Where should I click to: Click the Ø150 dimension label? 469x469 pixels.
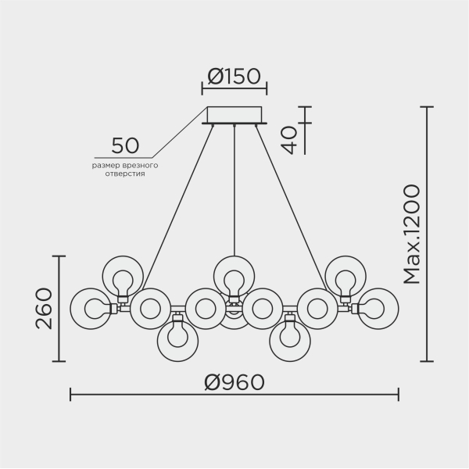pyautogui.click(x=235, y=77)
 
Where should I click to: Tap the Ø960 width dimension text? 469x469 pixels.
pyautogui.click(x=234, y=382)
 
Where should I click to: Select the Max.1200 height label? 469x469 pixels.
pyautogui.click(x=412, y=234)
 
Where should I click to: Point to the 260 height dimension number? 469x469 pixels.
pyautogui.click(x=44, y=308)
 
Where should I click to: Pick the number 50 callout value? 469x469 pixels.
pyautogui.click(x=125, y=145)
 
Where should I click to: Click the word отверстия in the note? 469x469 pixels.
pyautogui.click(x=125, y=175)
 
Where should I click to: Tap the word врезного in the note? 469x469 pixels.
pyautogui.click(x=141, y=166)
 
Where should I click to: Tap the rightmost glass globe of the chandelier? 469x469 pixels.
pyautogui.click(x=378, y=308)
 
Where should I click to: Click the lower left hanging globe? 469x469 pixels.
pyautogui.click(x=177, y=339)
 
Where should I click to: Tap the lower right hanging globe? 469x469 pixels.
pyautogui.click(x=289, y=339)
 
